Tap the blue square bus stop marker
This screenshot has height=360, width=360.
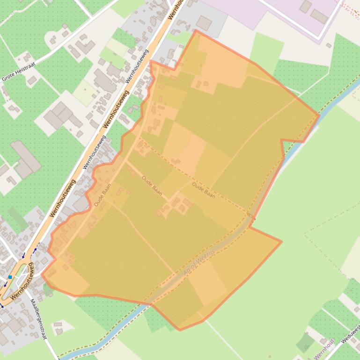(x=10, y=277)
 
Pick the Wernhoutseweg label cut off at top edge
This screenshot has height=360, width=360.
(x=176, y=8)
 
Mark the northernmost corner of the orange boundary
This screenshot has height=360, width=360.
(x=196, y=31)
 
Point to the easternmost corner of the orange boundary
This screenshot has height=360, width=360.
(x=319, y=115)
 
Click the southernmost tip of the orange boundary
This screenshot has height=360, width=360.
(x=180, y=330)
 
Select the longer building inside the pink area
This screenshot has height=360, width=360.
(x=320, y=16)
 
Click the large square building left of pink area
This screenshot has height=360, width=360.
(x=204, y=22)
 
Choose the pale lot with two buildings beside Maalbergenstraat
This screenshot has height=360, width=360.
(x=61, y=327)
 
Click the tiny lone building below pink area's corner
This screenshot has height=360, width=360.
(x=329, y=45)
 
